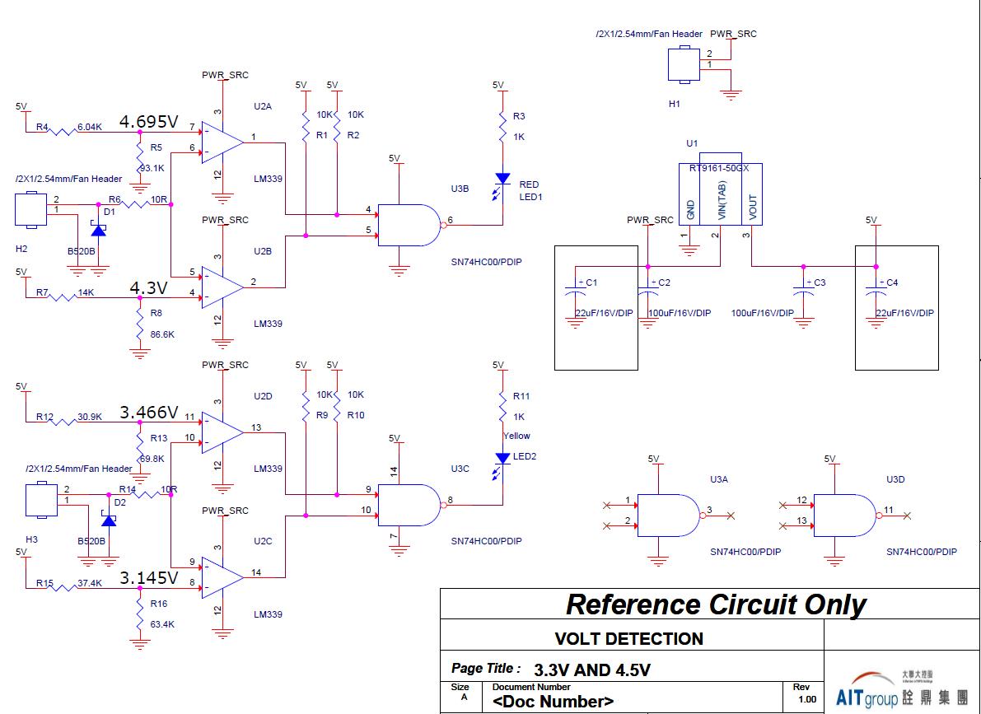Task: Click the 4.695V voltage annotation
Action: [x=149, y=122]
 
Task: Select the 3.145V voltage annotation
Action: [x=149, y=577]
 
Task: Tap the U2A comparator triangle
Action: [x=222, y=142]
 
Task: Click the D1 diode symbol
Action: [x=99, y=230]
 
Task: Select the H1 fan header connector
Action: [x=683, y=65]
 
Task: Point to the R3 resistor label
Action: [x=519, y=117]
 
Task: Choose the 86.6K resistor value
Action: [x=162, y=335]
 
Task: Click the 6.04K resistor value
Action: [x=89, y=128]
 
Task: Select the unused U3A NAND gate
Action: [x=670, y=516]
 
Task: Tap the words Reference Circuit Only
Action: [x=715, y=604]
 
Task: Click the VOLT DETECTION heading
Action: [x=628, y=638]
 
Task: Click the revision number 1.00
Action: [x=807, y=699]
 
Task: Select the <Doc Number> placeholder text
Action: [x=553, y=702]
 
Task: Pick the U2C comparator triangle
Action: [x=222, y=577]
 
